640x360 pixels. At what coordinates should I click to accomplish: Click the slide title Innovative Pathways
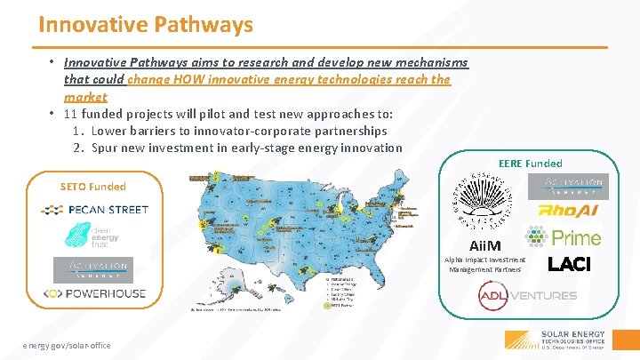tap(146, 24)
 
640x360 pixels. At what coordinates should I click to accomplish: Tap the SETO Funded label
tap(92, 187)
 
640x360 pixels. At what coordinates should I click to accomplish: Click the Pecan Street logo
tap(94, 210)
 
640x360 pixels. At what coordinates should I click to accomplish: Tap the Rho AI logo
tap(564, 212)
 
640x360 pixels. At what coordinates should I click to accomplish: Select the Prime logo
tap(564, 237)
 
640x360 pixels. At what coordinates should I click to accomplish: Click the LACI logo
tap(569, 264)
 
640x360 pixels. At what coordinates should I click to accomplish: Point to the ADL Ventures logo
tap(527, 295)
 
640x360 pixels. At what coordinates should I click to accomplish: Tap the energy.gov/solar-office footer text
tap(68, 345)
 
